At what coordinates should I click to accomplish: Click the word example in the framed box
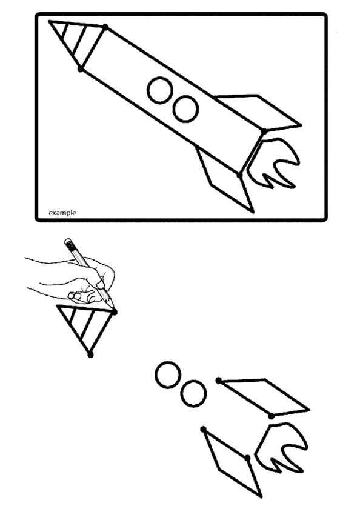click(x=62, y=213)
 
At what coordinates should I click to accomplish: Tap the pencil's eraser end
click(x=67, y=242)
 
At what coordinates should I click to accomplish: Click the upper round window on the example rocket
click(x=161, y=90)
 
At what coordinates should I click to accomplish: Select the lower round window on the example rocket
click(x=185, y=108)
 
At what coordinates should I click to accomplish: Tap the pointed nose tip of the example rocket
click(x=49, y=21)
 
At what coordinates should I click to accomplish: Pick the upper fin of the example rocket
click(x=258, y=112)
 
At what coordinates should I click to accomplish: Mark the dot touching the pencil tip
click(x=115, y=312)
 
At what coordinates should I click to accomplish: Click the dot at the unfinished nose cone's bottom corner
click(x=90, y=355)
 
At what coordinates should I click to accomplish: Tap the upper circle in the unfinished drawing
click(x=167, y=376)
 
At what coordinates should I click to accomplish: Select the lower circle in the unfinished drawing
click(x=193, y=394)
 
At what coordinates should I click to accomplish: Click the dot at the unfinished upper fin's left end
click(x=219, y=380)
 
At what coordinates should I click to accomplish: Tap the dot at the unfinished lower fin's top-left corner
click(x=204, y=430)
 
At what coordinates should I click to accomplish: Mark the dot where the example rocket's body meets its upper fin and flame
click(x=264, y=131)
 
